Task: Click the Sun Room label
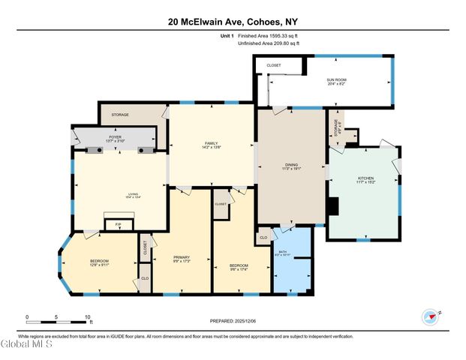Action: [335, 81]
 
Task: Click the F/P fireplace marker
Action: [116, 224]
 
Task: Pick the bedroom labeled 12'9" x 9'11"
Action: [99, 262]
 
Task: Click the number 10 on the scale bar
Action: [88, 317]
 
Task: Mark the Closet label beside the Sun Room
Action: [273, 65]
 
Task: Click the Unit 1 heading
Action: [227, 37]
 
